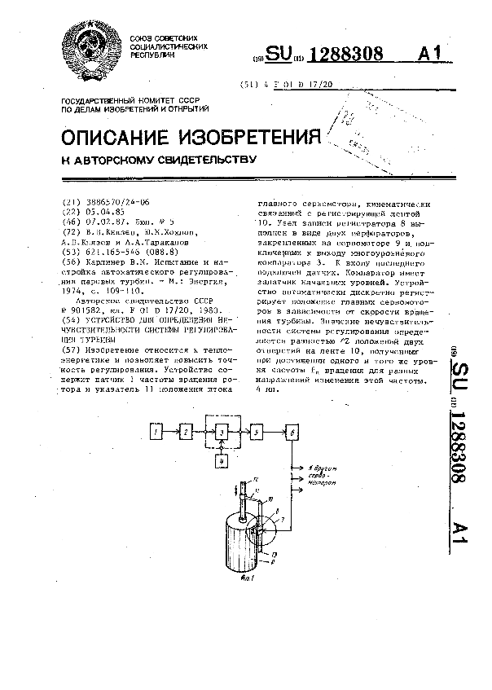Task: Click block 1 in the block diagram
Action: click(x=159, y=431)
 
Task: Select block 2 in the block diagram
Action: click(x=187, y=431)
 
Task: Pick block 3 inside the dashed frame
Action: click(x=221, y=433)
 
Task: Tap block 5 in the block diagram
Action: click(x=257, y=431)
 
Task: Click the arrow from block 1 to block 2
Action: click(x=173, y=431)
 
